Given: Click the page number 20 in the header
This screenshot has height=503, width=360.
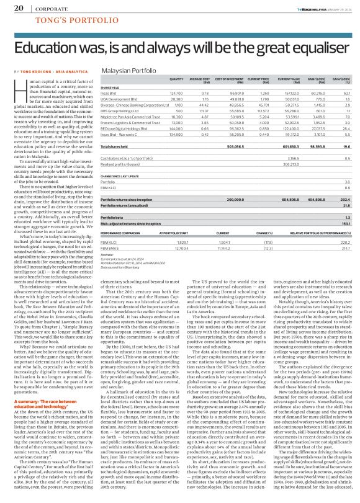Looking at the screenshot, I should [x=18, y=9].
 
